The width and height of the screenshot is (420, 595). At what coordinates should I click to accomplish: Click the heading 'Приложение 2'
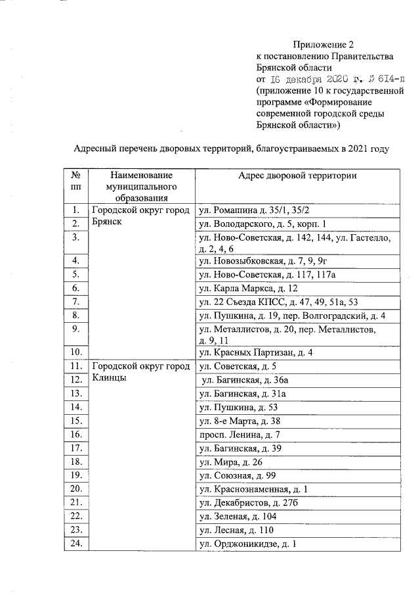coord(323,45)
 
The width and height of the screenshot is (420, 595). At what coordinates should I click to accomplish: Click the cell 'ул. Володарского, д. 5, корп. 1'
coord(262,224)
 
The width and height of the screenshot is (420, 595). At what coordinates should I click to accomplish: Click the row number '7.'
coord(75,302)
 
